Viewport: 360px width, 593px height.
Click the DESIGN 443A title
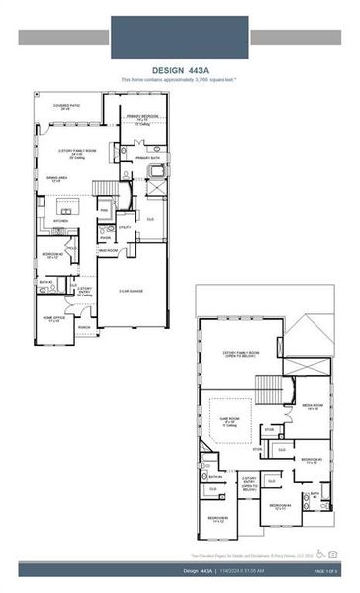(x=180, y=70)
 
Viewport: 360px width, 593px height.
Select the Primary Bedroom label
(x=142, y=120)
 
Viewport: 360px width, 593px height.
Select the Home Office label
(x=54, y=319)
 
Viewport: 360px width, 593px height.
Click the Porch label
(x=85, y=328)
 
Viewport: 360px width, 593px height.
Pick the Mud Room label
(x=106, y=251)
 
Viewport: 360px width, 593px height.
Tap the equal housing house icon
(x=331, y=555)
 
